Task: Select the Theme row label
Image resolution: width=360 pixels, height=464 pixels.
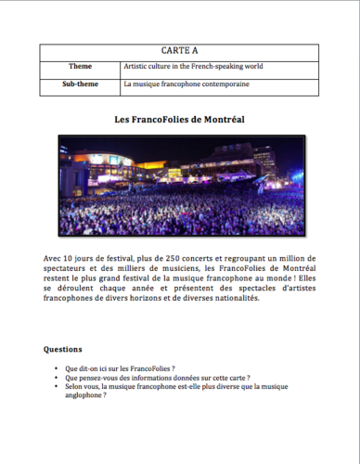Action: pos(80,68)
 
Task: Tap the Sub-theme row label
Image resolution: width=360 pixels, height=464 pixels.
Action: pos(80,84)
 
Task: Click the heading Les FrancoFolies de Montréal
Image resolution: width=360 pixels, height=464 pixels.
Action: pos(179,121)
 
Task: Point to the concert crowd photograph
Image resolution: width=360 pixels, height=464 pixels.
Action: pos(179,186)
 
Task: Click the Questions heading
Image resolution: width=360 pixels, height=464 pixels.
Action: pos(69,350)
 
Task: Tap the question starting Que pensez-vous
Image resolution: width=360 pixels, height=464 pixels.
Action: pos(158,379)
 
